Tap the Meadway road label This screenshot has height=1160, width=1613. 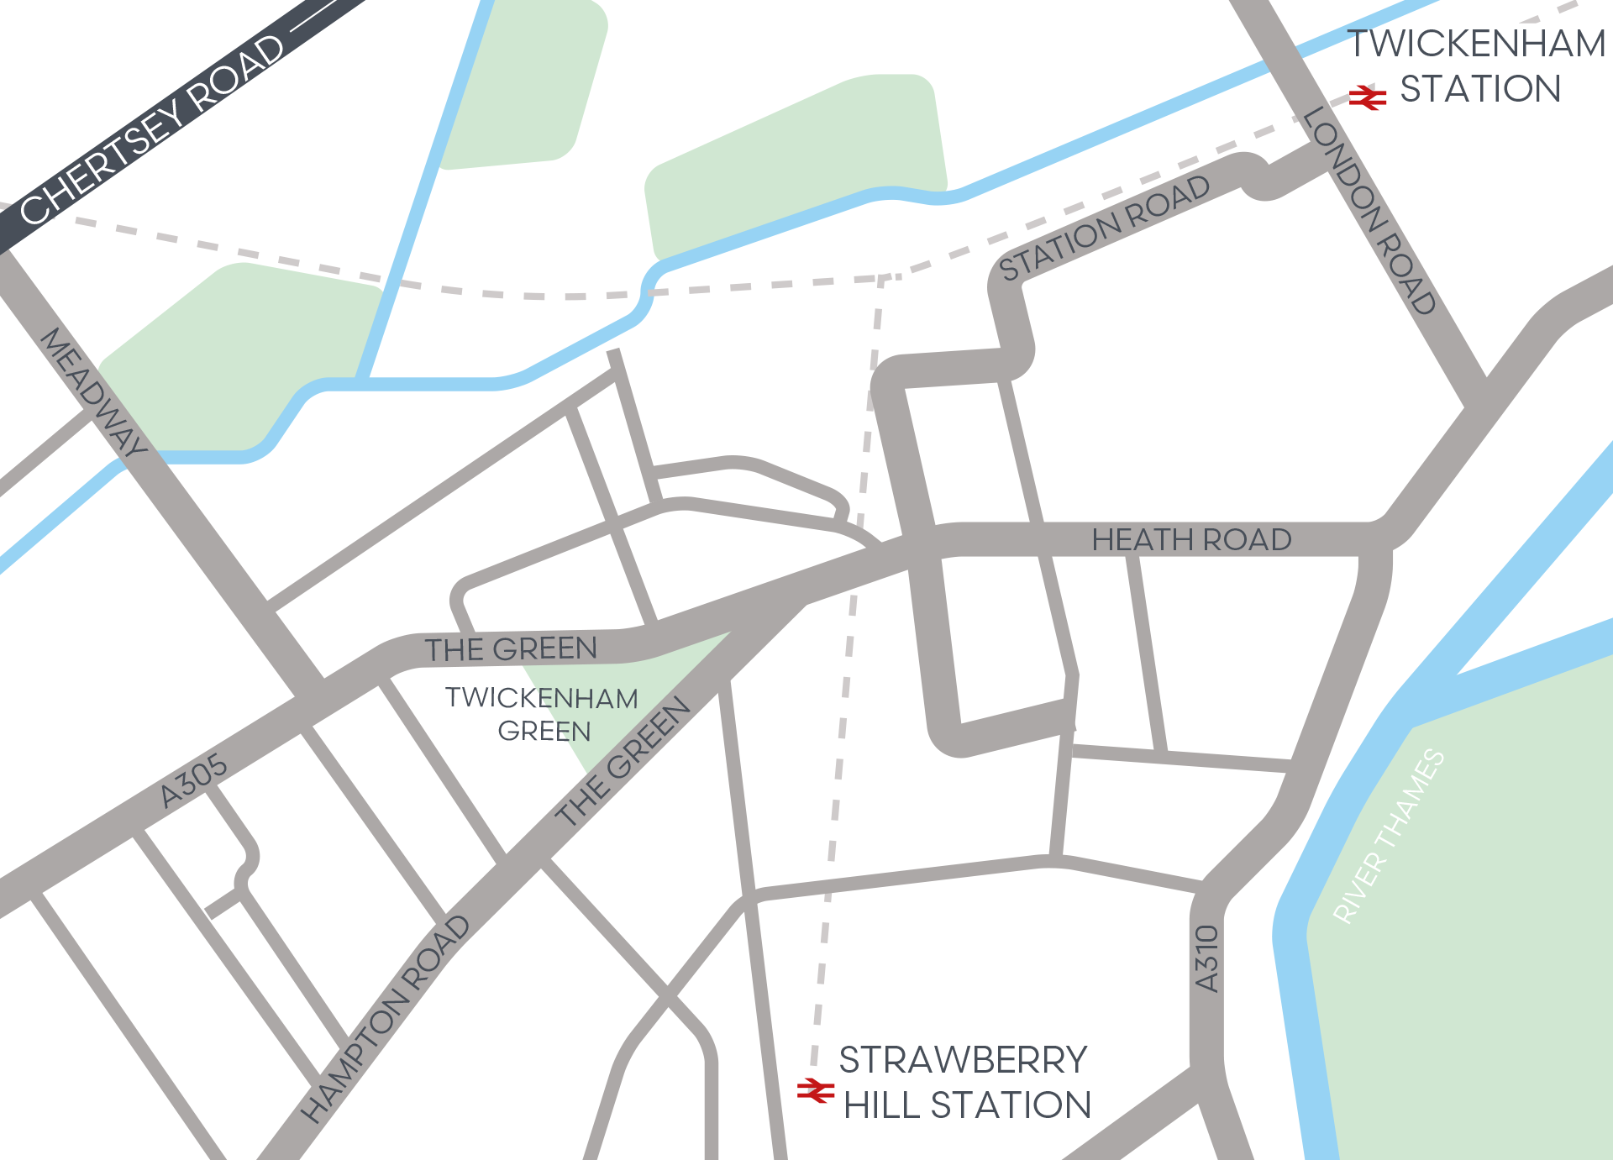tap(92, 391)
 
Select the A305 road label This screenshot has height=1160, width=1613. tap(193, 780)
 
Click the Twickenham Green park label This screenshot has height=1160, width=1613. tap(542, 714)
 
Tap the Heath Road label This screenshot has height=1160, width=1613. tap(1191, 539)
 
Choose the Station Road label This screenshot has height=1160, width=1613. tap(1104, 228)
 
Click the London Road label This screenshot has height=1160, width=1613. tap(1369, 211)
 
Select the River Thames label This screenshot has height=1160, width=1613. tap(1390, 837)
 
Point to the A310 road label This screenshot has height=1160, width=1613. tap(1206, 958)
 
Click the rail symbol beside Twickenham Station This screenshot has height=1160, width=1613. tap(1367, 97)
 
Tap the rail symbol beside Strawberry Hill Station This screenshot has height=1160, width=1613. tap(815, 1090)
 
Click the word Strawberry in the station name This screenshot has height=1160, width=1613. tap(963, 1060)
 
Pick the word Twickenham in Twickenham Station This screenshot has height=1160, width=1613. tap(1476, 44)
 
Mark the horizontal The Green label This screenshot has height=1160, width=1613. tap(511, 648)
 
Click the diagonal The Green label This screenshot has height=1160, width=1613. tap(623, 761)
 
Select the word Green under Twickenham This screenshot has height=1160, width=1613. tap(544, 732)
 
